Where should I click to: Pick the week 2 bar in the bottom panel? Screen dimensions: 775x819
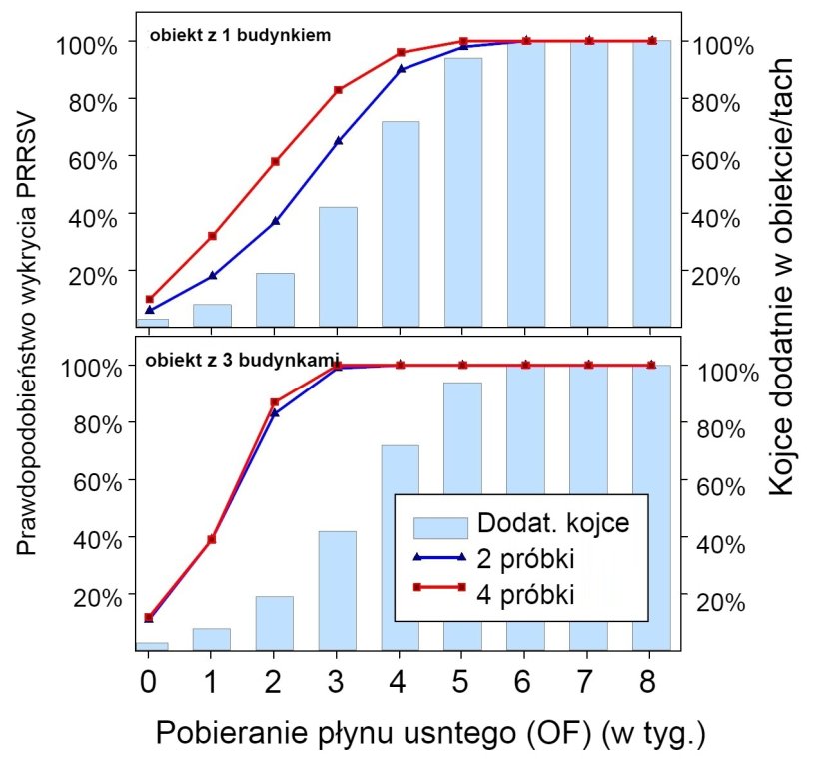(x=275, y=623)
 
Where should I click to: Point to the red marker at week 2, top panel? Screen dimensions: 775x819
(x=275, y=161)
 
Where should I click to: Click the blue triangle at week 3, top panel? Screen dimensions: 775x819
(x=338, y=141)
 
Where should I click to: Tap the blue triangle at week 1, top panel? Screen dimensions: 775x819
(x=212, y=275)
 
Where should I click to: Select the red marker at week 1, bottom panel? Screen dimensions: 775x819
(x=212, y=539)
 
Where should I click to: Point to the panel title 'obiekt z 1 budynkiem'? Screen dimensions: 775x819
(x=240, y=34)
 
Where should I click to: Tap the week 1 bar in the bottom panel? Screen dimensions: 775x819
(x=212, y=639)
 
